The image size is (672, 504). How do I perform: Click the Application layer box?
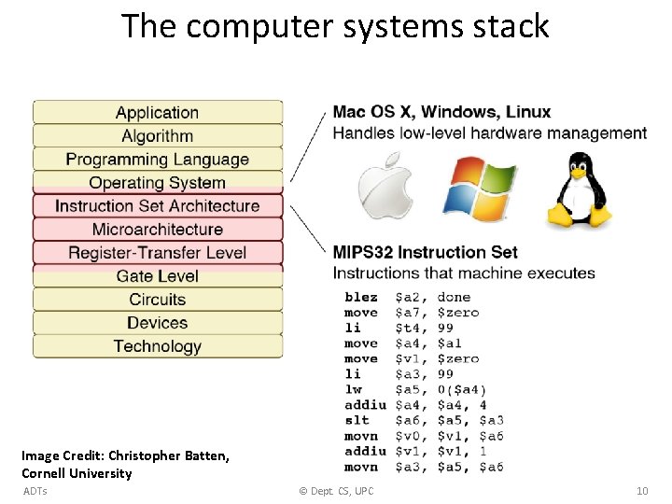(157, 113)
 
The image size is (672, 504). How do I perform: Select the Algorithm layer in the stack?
(157, 136)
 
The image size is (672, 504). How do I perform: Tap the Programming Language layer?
(157, 160)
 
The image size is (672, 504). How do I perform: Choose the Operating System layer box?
(157, 183)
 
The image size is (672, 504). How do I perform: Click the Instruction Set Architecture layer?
(157, 206)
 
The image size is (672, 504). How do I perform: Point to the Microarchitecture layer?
(157, 230)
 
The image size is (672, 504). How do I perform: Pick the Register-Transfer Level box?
(157, 253)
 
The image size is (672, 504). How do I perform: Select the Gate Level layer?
(157, 276)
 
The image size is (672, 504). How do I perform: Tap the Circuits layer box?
(157, 300)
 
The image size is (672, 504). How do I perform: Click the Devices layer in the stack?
(157, 323)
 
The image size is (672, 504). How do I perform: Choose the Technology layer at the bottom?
(157, 346)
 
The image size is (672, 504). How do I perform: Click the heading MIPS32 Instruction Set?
(425, 252)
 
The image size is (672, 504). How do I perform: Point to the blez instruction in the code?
(361, 298)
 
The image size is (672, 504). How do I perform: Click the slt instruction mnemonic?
(357, 420)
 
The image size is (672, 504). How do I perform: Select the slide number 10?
(641, 491)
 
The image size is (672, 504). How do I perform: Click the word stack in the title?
(511, 26)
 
